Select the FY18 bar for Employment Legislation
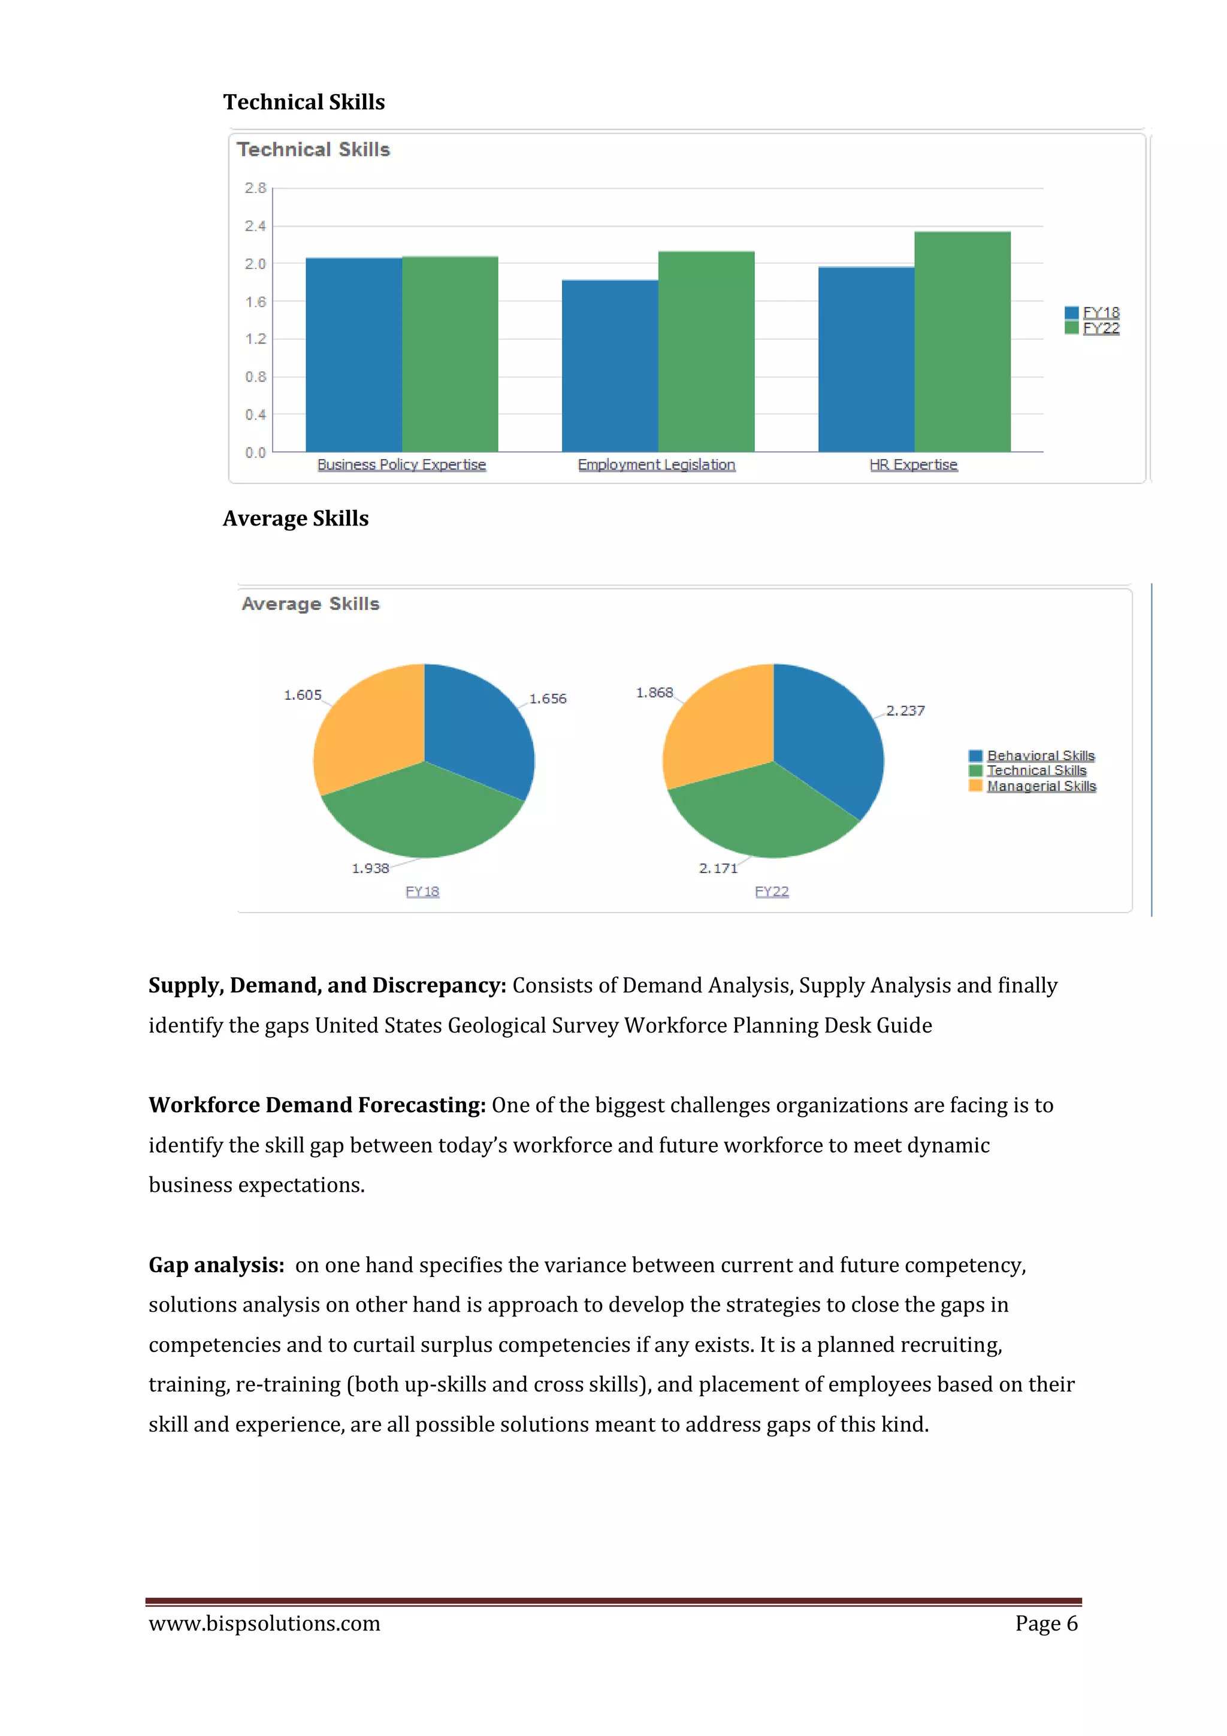tap(609, 366)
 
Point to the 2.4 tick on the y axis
tap(255, 226)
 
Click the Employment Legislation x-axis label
tap(656, 465)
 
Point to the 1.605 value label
tap(303, 695)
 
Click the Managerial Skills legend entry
tap(1040, 786)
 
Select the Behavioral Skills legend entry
tap(1039, 755)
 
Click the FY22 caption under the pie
tap(771, 892)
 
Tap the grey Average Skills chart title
tap(310, 603)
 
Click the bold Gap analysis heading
tap(216, 1265)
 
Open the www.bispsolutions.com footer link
tap(265, 1623)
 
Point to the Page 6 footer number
tap(1045, 1623)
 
